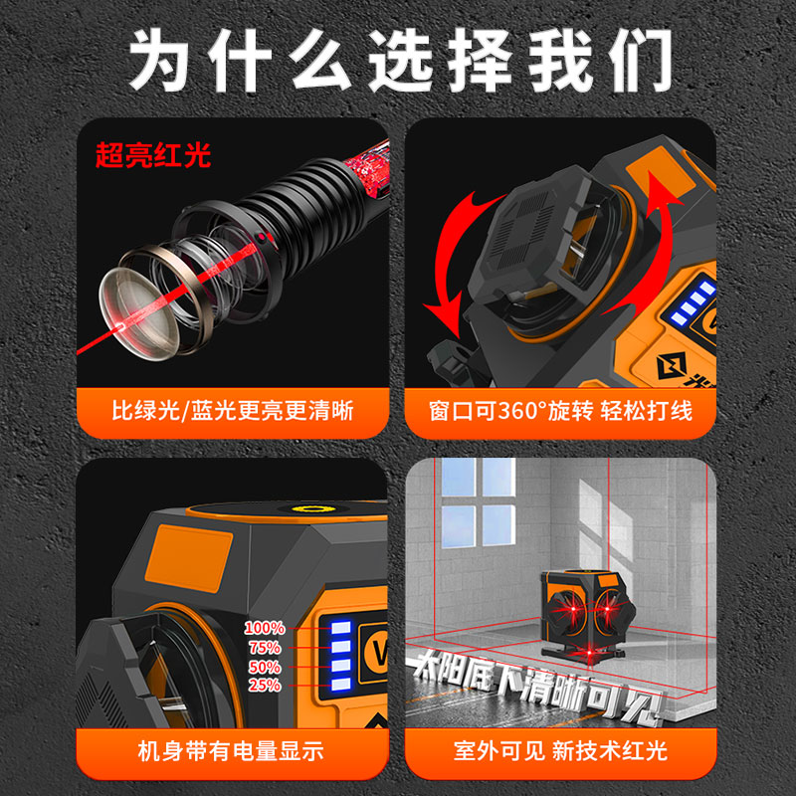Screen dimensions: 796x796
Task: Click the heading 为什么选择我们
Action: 398,62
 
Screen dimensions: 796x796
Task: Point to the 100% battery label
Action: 265,629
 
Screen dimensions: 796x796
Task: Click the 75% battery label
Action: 267,648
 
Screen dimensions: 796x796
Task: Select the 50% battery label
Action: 267,667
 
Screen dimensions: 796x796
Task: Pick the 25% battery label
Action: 267,686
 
